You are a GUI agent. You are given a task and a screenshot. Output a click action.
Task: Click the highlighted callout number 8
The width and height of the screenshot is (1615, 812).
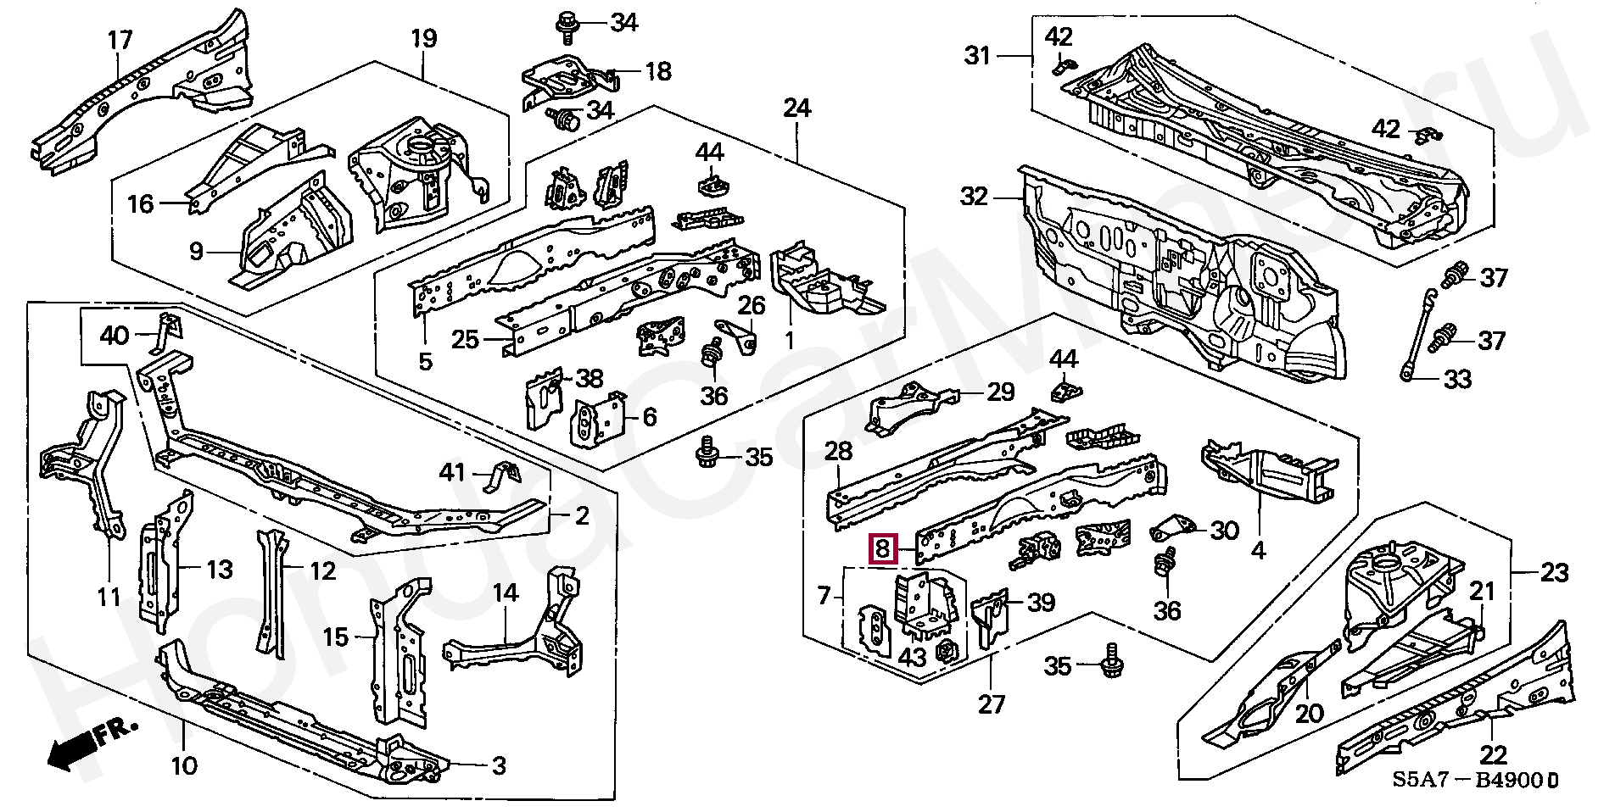(x=883, y=549)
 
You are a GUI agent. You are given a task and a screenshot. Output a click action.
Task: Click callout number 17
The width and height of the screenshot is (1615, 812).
(x=120, y=40)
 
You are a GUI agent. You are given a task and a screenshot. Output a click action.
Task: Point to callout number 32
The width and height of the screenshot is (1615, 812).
(x=975, y=197)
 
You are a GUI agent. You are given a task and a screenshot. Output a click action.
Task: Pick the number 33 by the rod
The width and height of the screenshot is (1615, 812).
(x=1457, y=379)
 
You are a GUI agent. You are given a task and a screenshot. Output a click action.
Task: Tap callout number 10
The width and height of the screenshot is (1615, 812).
(x=184, y=766)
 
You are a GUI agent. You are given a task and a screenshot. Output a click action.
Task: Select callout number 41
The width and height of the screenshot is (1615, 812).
(x=452, y=472)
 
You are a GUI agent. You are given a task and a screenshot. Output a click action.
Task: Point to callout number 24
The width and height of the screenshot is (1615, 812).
(x=797, y=108)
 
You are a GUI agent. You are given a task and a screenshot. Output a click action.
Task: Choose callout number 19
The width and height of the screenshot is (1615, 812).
(x=424, y=38)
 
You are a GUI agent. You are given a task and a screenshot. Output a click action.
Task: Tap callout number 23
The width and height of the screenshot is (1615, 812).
(x=1555, y=573)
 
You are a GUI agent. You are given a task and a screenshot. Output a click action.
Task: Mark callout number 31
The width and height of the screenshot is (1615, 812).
(x=978, y=56)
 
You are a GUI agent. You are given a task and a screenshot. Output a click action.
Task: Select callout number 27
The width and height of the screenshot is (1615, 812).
(x=992, y=704)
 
